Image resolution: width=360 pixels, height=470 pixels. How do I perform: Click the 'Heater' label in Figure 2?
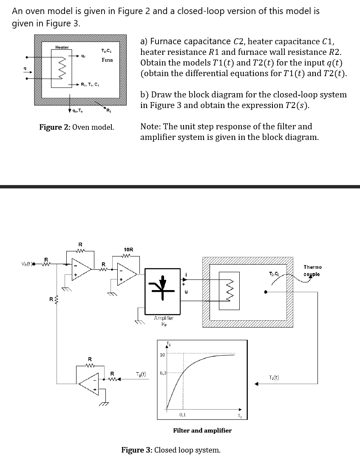click(62, 47)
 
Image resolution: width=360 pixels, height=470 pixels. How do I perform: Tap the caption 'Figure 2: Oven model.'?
click(77, 127)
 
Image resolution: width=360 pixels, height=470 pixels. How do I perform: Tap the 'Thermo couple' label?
click(312, 271)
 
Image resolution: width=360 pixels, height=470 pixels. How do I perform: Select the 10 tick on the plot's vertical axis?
click(162, 355)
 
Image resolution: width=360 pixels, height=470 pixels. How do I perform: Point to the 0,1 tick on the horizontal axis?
click(182, 414)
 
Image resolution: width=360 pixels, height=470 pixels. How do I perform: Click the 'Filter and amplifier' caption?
click(202, 430)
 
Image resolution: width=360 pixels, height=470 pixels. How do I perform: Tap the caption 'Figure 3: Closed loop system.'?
click(171, 450)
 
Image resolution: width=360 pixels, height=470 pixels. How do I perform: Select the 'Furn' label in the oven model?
click(107, 60)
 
